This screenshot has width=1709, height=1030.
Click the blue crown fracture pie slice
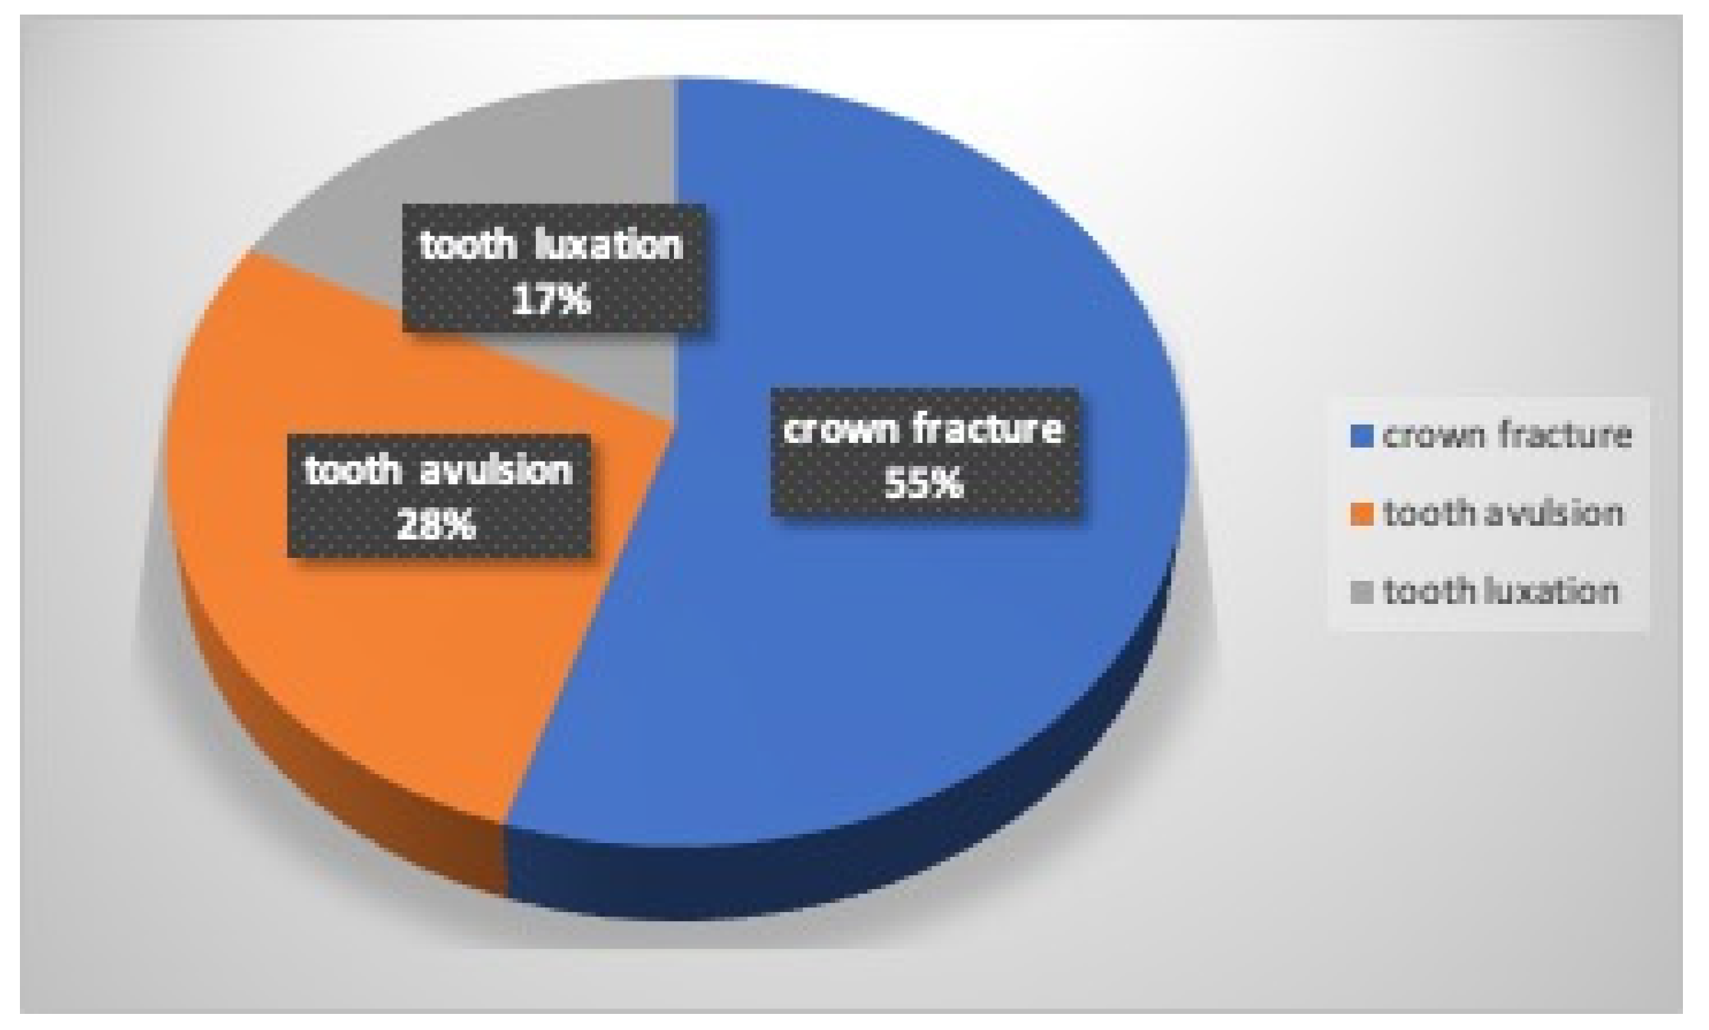pyautogui.click(x=882, y=651)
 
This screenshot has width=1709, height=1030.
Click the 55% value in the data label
pyautogui.click(x=924, y=484)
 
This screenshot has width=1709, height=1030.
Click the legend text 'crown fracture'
pyautogui.click(x=1507, y=436)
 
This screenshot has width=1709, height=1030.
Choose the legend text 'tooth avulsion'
pyautogui.click(x=1503, y=513)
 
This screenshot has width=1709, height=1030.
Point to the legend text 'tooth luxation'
pyautogui.click(x=1501, y=592)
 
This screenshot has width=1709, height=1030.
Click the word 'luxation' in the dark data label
pyautogui.click(x=606, y=246)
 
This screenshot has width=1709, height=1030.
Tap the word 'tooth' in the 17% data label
pyautogui.click(x=467, y=246)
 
